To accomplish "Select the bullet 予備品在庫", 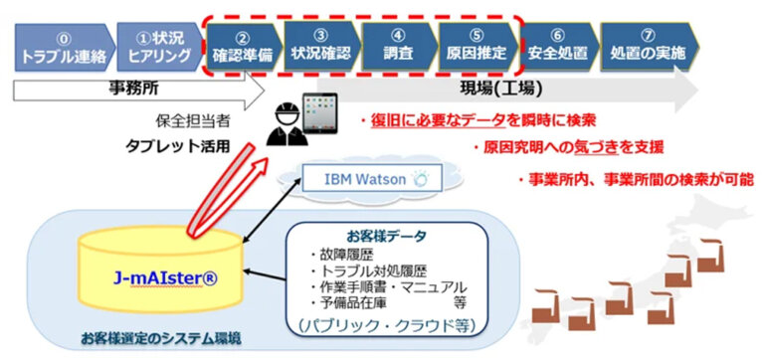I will click(x=347, y=300).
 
